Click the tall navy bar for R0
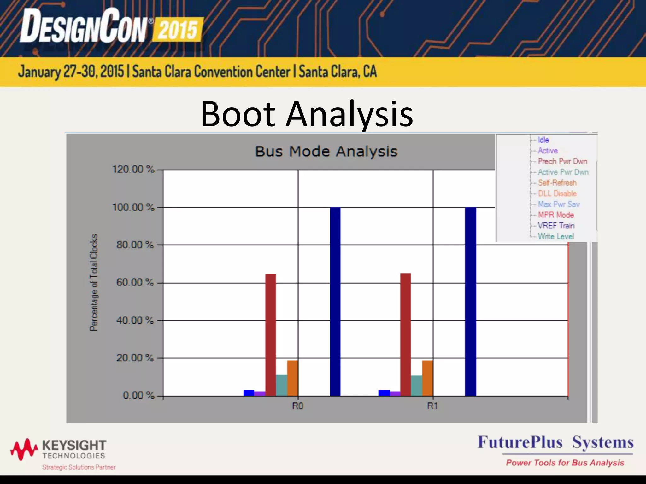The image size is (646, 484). [x=335, y=302]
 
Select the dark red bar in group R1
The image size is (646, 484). [x=405, y=334]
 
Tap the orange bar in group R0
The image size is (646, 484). [x=292, y=378]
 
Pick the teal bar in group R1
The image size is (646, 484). [x=416, y=385]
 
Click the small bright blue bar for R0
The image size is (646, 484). [x=249, y=393]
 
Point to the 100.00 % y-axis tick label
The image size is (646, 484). [x=133, y=207]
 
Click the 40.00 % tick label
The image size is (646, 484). [x=135, y=320]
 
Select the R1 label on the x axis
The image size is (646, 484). [x=432, y=406]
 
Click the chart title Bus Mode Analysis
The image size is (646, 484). [x=326, y=151]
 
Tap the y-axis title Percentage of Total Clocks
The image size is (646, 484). [x=94, y=282]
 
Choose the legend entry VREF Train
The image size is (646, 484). [x=556, y=226]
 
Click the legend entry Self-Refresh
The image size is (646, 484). [x=557, y=183]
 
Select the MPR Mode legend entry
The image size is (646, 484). [x=556, y=215]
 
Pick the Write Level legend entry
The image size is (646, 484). [x=556, y=236]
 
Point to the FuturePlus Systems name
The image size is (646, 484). [x=555, y=442]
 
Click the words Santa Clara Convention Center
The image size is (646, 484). [x=211, y=72]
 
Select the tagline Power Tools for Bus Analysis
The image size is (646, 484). [x=565, y=463]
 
